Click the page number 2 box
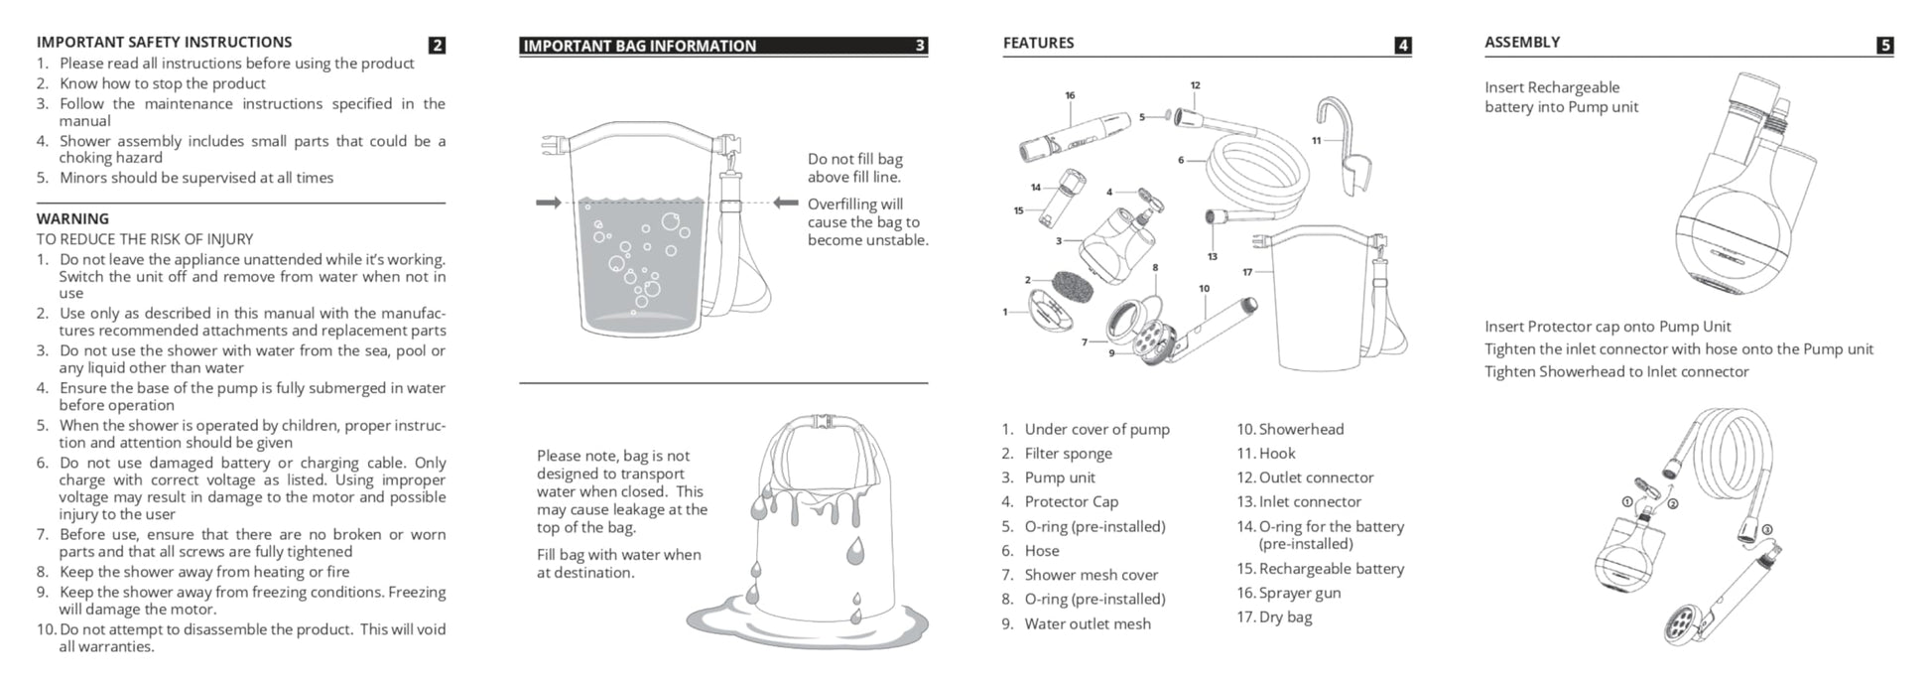tap(438, 45)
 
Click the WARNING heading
tap(72, 218)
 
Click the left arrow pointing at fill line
tap(548, 203)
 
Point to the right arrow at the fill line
tap(786, 203)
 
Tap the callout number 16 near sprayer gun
tap(1070, 96)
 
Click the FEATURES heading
tap(1038, 43)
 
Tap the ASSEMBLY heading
tap(1521, 42)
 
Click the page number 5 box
tap(1885, 45)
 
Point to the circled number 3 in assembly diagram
tap(1767, 529)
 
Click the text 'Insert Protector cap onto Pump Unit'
tap(1608, 327)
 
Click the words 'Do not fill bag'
tap(854, 159)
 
